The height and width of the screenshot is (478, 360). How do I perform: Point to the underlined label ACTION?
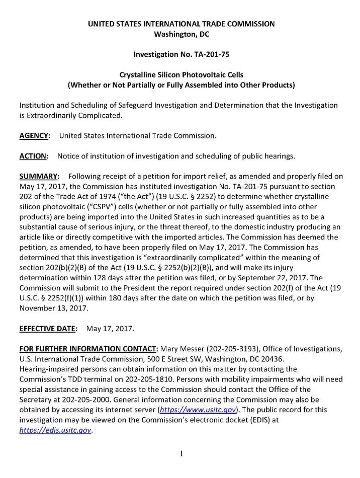34,156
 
